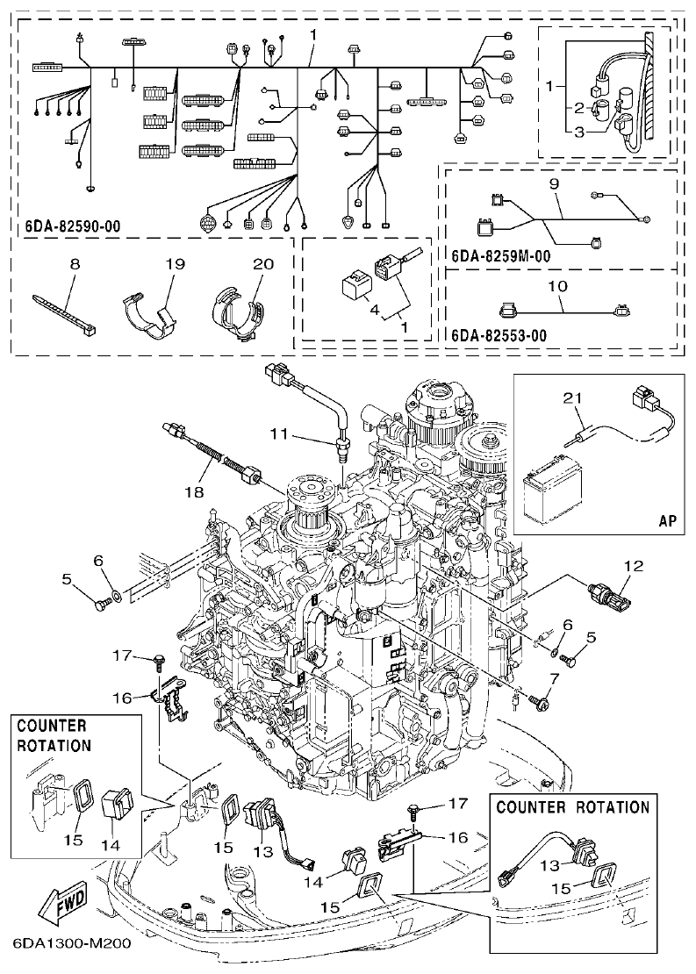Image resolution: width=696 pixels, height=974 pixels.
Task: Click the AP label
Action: click(x=666, y=519)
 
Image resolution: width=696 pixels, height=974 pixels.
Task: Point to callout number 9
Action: click(x=554, y=185)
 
